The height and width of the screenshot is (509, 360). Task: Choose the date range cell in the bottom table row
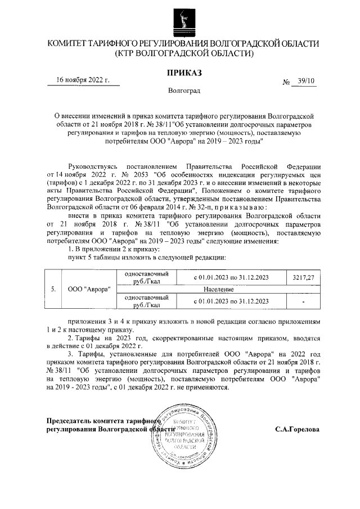(x=231, y=301)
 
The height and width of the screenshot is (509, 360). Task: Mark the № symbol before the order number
(x=286, y=82)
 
